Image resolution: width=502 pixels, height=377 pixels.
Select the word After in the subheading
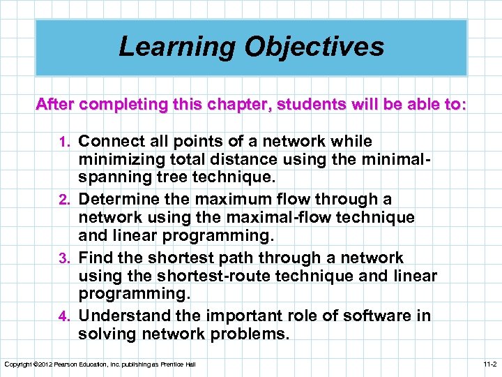coord(55,105)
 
